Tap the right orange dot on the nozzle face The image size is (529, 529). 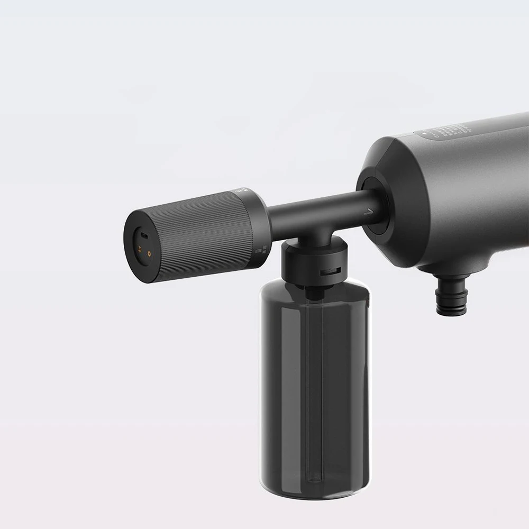149,253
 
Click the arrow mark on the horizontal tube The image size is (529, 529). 369,212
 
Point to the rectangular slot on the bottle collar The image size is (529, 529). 330,272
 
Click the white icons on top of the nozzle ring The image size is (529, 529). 245,189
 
